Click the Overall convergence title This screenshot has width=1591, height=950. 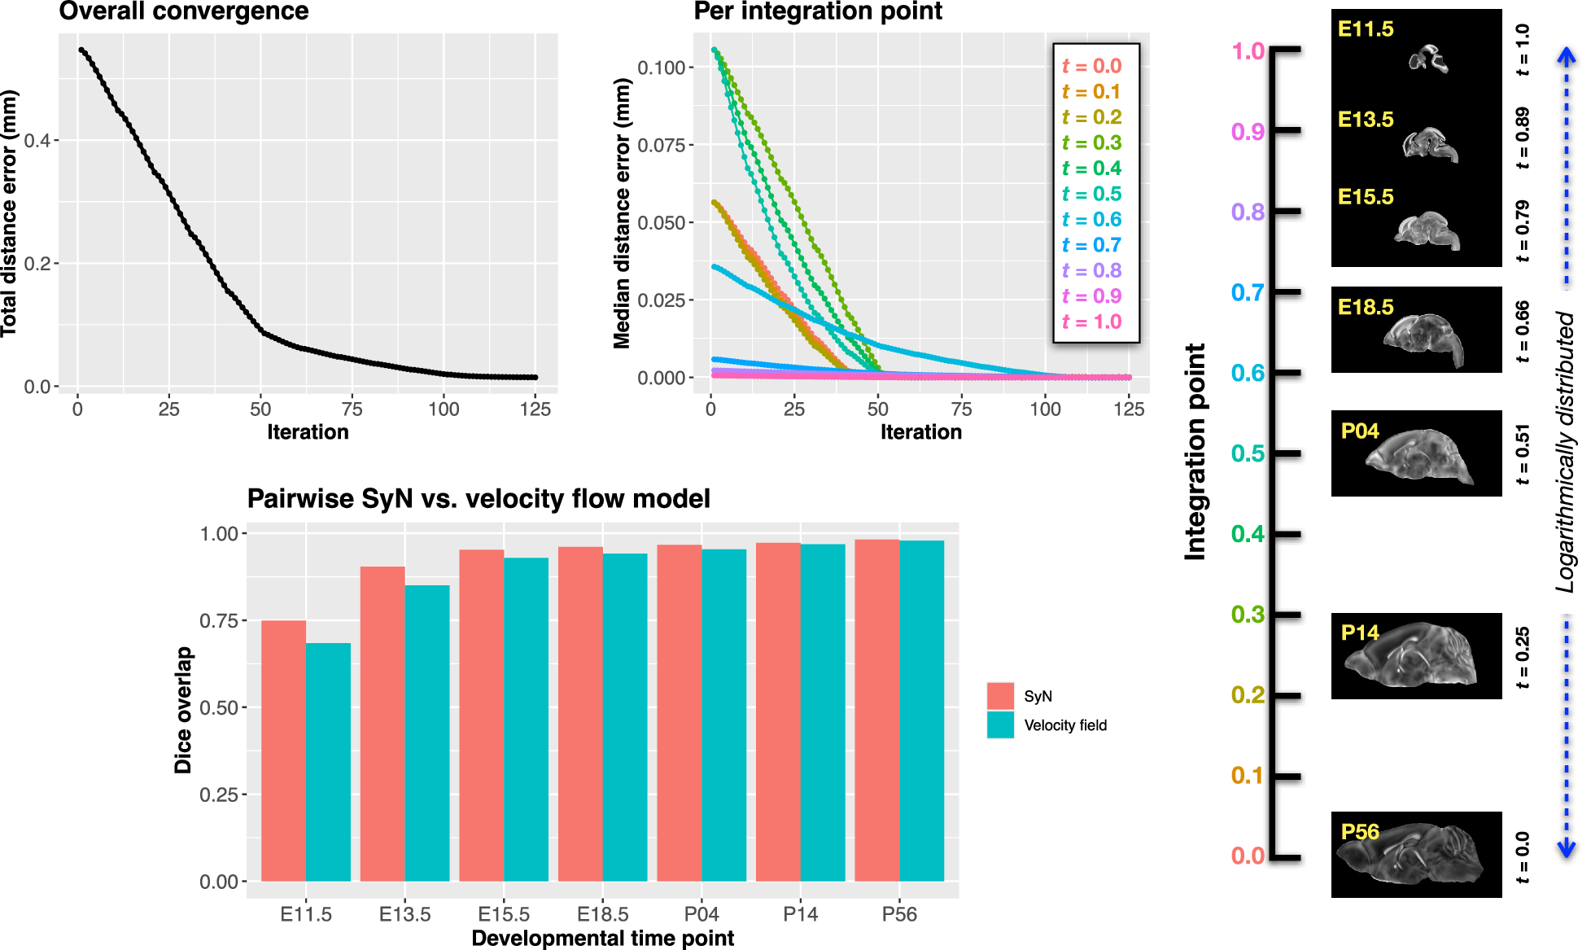pos(184,11)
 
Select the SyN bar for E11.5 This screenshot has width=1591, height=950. pos(283,750)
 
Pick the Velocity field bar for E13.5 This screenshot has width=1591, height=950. pos(427,733)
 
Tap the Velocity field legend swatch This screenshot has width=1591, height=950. pos(1000,725)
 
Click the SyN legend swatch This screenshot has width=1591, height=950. pos(1000,696)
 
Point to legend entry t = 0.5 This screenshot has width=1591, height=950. pos(1091,194)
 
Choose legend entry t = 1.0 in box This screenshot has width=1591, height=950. pos(1091,322)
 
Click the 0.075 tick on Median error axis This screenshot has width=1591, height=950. pos(662,145)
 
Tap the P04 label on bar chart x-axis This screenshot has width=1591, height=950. pos(702,914)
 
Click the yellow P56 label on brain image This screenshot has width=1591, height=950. pos(1360,831)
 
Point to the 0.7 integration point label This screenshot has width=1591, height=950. pos(1248,292)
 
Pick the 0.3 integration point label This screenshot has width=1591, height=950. pos(1248,615)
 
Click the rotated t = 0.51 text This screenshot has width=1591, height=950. pos(1522,453)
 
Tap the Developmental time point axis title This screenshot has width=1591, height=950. pos(602,938)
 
